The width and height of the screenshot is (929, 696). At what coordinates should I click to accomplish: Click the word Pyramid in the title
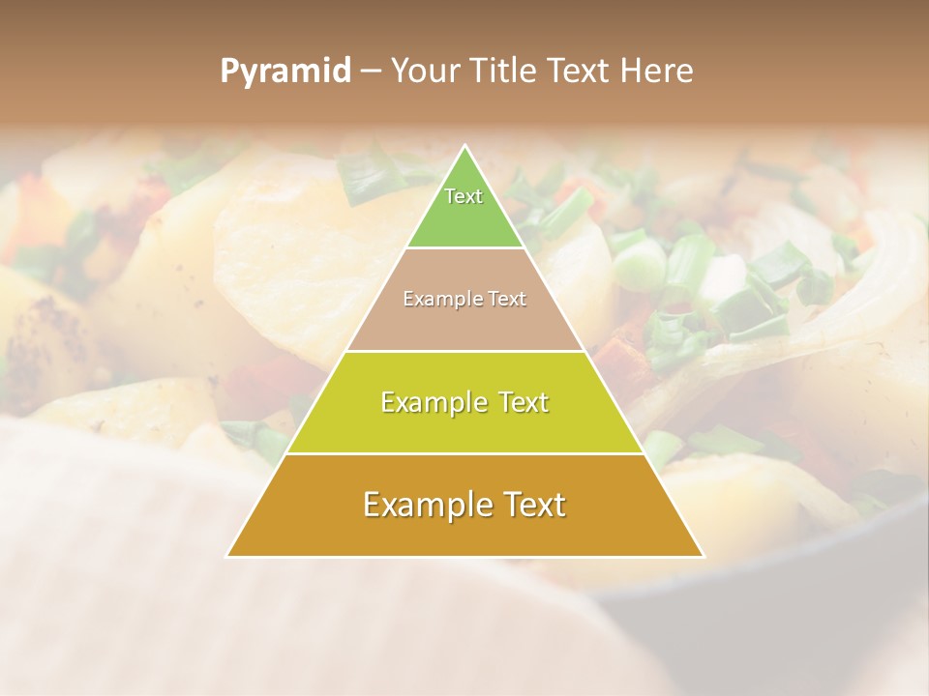(x=285, y=72)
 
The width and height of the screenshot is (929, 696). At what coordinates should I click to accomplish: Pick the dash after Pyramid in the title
(x=371, y=72)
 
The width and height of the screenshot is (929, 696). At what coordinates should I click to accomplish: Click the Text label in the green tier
(x=464, y=196)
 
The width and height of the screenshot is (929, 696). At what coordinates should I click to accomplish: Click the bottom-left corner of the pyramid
(x=228, y=556)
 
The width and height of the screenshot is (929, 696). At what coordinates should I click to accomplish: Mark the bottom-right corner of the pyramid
(x=703, y=556)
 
